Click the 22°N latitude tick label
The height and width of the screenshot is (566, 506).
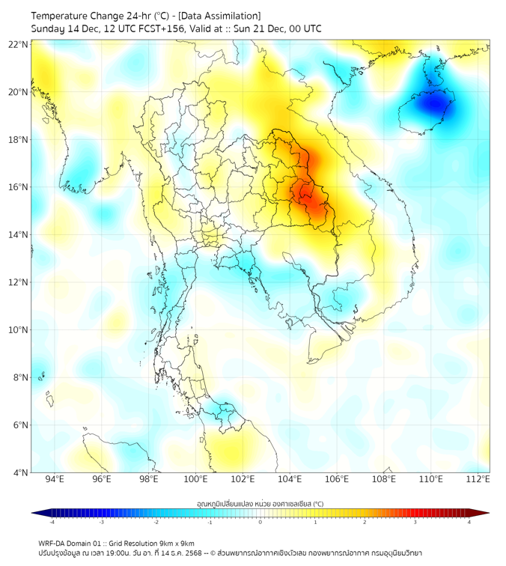click(x=19, y=45)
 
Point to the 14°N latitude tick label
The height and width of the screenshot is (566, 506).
click(x=19, y=235)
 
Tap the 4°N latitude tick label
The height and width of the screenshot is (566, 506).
click(x=21, y=472)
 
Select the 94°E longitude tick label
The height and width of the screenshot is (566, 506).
click(x=55, y=479)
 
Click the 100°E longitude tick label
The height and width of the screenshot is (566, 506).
click(x=195, y=479)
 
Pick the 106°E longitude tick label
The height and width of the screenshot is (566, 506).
click(x=337, y=479)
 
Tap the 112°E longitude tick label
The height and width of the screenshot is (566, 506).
click(x=478, y=479)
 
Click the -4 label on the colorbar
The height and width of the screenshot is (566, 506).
click(x=52, y=522)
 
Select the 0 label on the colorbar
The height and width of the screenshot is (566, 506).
click(x=260, y=522)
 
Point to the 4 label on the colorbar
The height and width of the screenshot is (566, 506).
click(x=469, y=522)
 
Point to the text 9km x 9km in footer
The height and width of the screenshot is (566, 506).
click(x=174, y=543)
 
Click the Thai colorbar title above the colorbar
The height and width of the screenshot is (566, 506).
click(x=260, y=504)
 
